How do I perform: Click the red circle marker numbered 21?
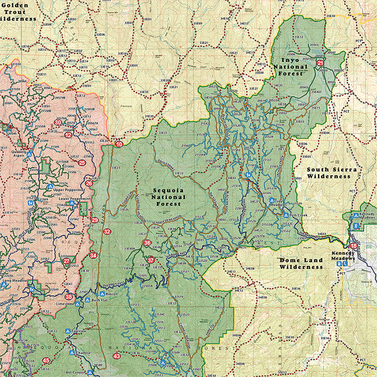coord(320,63)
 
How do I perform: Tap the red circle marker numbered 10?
coord(119,144)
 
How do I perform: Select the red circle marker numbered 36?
coord(147,243)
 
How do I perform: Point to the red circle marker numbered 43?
coord(116,356)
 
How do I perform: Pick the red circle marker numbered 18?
coord(354,246)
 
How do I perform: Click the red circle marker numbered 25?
coord(82,163)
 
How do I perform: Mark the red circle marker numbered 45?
coord(46,361)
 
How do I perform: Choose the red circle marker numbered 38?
coord(69,297)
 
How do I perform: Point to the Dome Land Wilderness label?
coord(301,263)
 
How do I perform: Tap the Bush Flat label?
coord(99,300)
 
